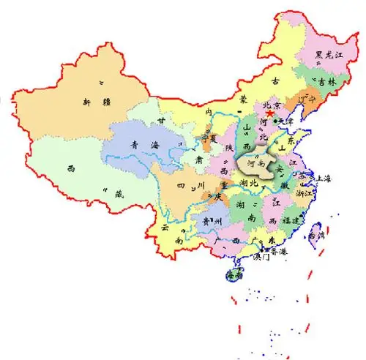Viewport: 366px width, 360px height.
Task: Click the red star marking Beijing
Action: pyautogui.click(x=269, y=113)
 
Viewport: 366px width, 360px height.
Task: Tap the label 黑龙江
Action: pyautogui.click(x=328, y=54)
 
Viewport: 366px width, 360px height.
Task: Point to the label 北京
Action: pyautogui.click(x=273, y=105)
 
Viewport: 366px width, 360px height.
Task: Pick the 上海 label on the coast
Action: pyautogui.click(x=321, y=179)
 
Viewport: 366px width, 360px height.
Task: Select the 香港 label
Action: pyautogui.click(x=279, y=250)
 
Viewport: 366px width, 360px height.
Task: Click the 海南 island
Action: pyautogui.click(x=234, y=276)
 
